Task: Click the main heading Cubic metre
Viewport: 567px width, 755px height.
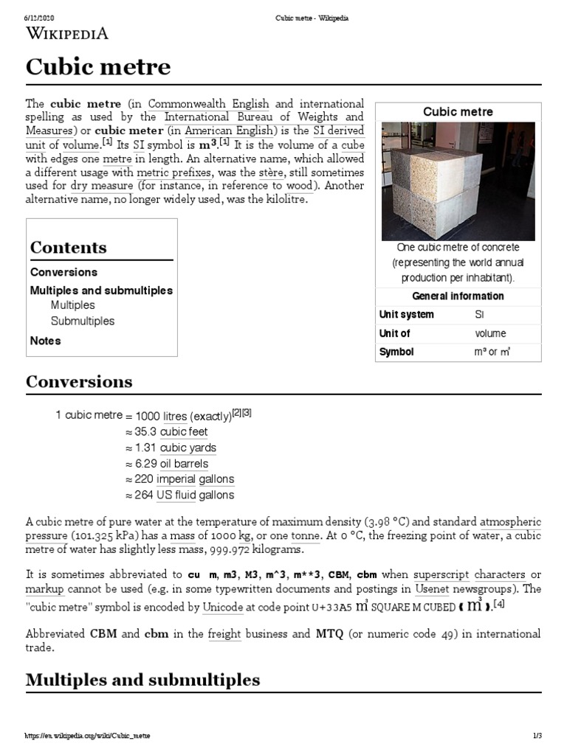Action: [98, 68]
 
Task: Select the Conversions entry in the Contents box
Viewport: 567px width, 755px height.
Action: [63, 272]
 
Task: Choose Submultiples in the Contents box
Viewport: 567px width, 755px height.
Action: [83, 321]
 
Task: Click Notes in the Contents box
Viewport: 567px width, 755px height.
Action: [46, 341]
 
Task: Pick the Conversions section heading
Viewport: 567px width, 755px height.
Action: [79, 381]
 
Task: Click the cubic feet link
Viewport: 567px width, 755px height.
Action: [184, 432]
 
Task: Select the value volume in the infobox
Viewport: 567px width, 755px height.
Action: [490, 333]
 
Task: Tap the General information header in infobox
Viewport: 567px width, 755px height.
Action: [458, 296]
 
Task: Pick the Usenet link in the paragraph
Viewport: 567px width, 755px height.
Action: [432, 589]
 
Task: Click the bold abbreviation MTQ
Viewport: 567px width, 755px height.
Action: [329, 634]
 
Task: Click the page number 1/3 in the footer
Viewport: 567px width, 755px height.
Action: [537, 737]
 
